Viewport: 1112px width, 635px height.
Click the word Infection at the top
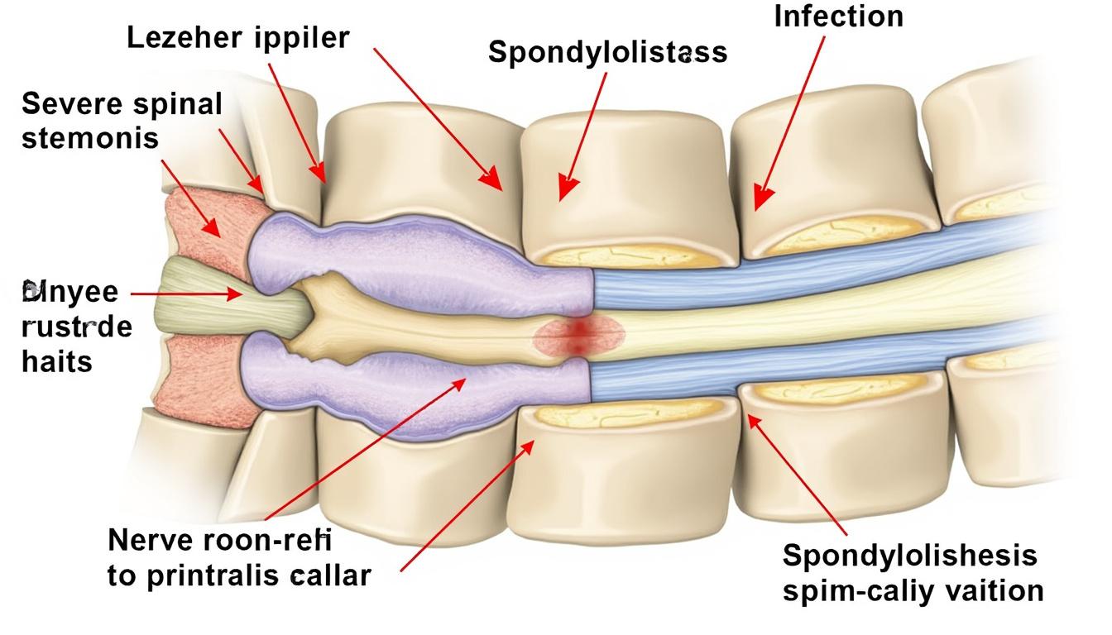tap(838, 17)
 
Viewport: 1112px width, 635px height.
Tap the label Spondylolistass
tap(608, 52)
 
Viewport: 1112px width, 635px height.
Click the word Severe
tap(70, 105)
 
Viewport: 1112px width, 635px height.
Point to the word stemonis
tap(89, 137)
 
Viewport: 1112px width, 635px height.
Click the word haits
tap(56, 361)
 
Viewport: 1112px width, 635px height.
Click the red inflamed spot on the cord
tap(578, 333)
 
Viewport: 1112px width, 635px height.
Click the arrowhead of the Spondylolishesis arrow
tap(754, 421)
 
